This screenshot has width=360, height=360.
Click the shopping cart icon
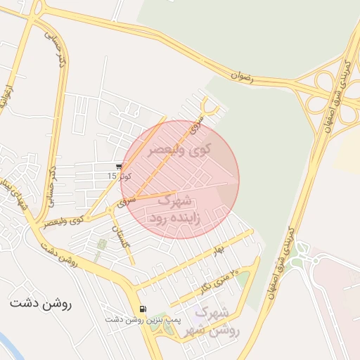coord(119,167)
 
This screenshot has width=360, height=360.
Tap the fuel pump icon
coord(143,308)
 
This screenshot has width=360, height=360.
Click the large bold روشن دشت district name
coord(41,304)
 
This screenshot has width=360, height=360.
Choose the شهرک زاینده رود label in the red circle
coord(175,210)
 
